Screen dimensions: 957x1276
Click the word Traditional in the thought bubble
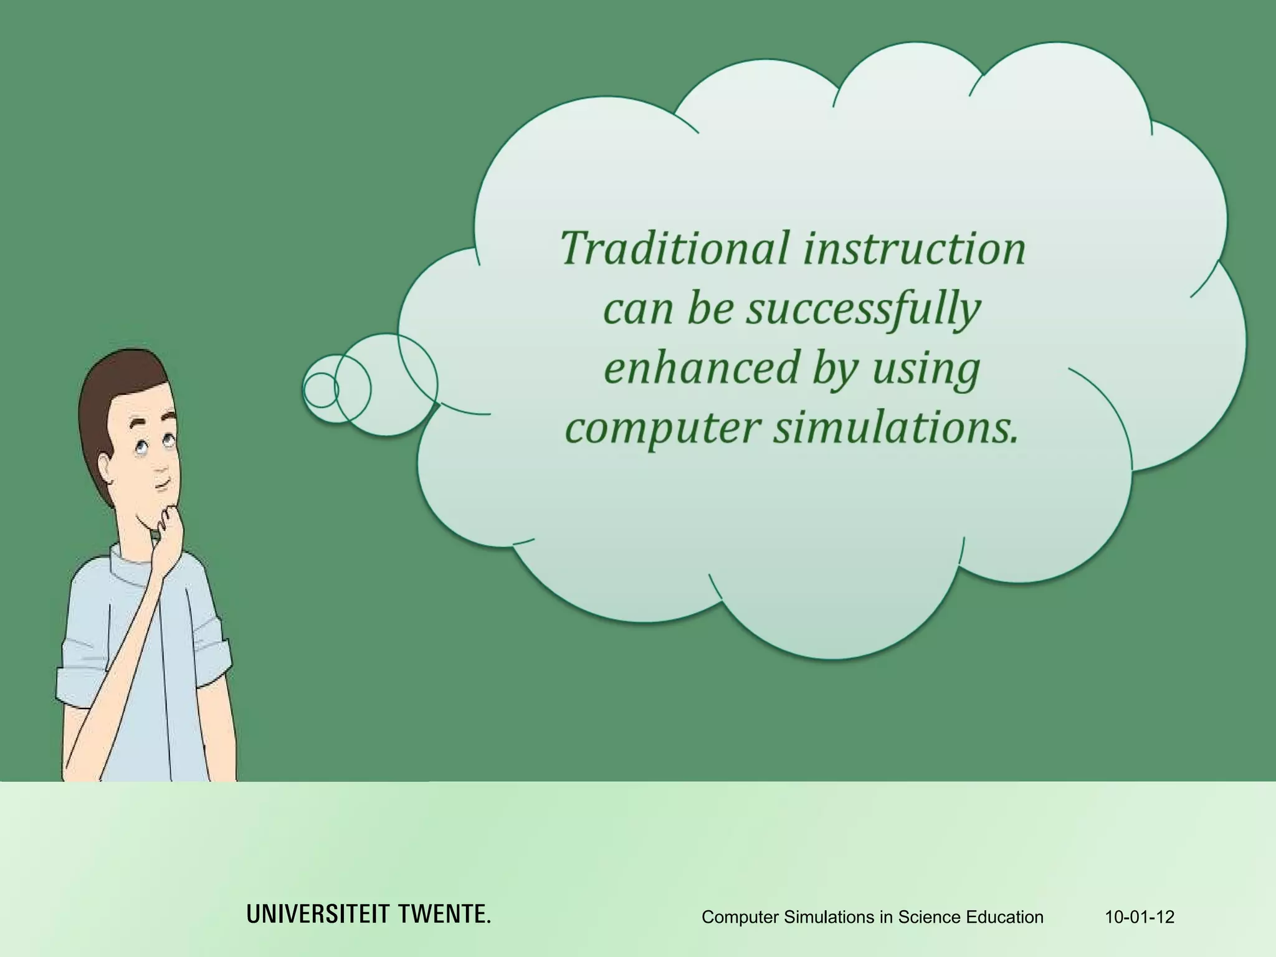coord(675,248)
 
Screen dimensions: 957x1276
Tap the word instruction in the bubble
coord(913,248)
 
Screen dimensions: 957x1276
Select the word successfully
coord(864,309)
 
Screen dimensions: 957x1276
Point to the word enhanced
coord(702,368)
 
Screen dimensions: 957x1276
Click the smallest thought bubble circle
coord(320,390)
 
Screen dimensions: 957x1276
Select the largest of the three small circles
coord(388,385)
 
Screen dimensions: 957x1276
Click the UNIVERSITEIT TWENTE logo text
coord(368,915)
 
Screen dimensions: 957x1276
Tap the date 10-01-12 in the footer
coord(1139,917)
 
